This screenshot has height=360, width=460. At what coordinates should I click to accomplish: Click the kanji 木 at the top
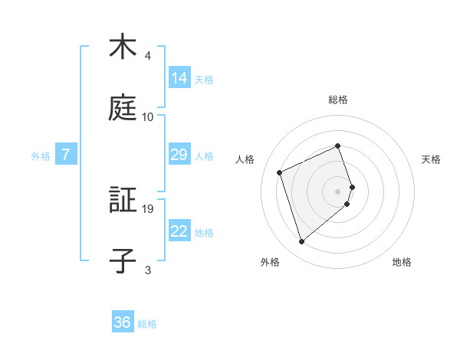coord(123,48)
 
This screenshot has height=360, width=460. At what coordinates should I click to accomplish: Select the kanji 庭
coord(123,110)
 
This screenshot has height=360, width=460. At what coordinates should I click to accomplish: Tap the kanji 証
coord(123,201)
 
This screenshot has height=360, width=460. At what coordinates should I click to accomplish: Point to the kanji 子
coord(123,261)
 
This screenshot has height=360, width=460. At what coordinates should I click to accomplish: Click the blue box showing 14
coord(179,77)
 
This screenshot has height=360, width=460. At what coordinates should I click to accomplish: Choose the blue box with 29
coord(179,155)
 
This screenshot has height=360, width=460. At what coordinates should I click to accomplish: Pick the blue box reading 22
coord(179,231)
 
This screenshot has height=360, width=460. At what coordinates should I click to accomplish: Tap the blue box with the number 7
coord(66,155)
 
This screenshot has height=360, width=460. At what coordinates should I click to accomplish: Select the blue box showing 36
coord(123,322)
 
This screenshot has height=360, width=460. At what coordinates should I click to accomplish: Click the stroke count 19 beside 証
coord(149,208)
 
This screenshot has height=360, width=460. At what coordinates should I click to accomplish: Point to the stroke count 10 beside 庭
coord(148,117)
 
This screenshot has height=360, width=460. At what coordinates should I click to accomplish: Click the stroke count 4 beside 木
coord(148,56)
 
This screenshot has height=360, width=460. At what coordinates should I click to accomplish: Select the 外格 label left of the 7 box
coord(41,155)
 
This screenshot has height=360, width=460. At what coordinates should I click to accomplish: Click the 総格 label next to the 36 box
coord(147,323)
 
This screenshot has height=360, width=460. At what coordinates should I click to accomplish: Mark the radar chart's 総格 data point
coord(337,146)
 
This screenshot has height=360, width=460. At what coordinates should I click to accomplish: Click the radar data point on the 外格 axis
coord(302,242)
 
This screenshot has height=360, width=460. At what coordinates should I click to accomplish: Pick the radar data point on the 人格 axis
coord(281,172)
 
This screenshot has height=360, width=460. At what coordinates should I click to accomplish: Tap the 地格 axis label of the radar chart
coord(402,263)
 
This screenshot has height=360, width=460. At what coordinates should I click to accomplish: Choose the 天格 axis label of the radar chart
coord(431,159)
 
